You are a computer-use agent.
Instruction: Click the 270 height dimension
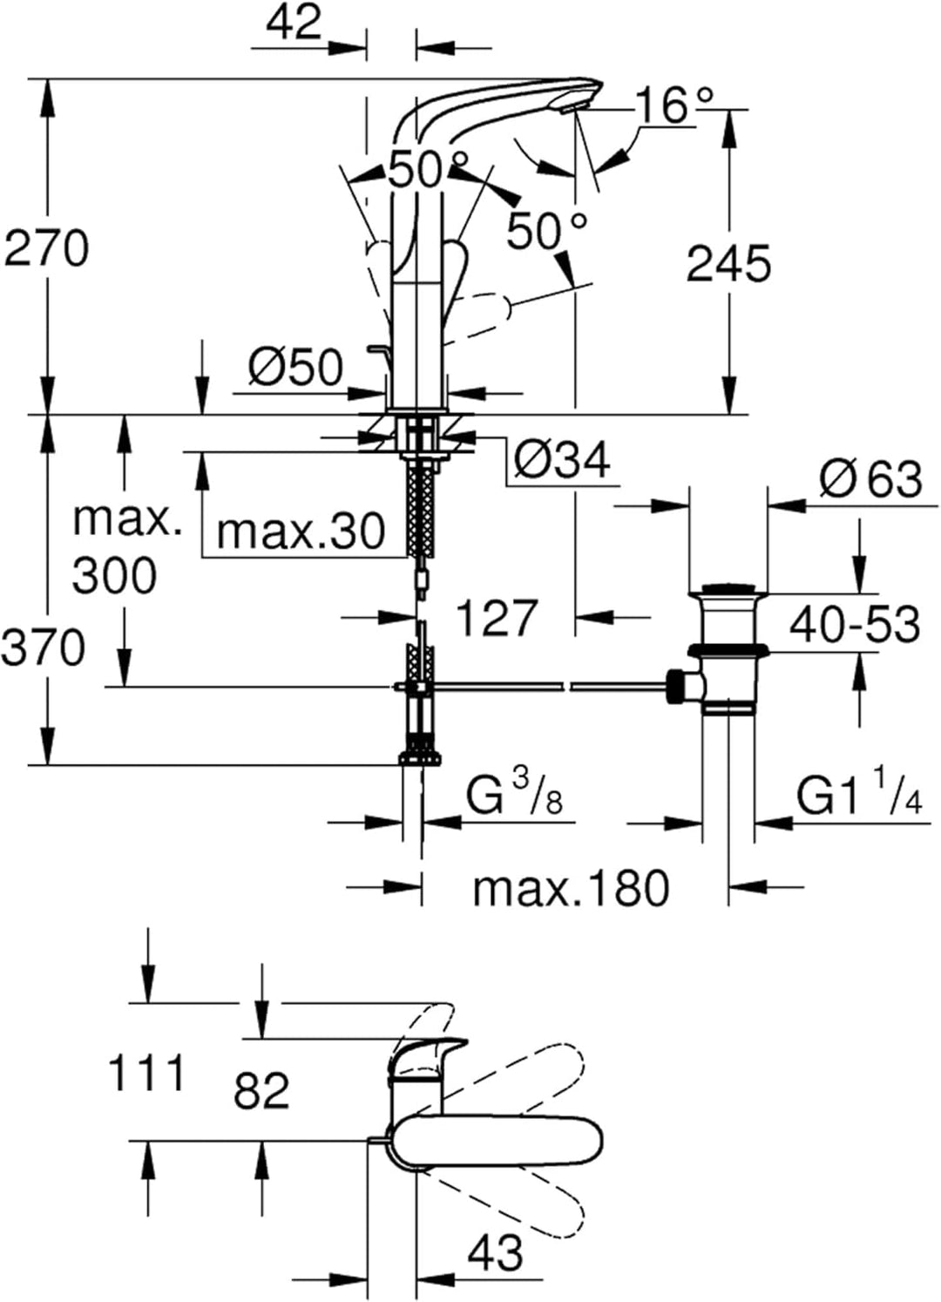point(46,248)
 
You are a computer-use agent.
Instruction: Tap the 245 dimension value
point(729,263)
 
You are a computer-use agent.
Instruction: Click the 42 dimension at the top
point(294,22)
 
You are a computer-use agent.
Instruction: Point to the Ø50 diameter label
point(296,368)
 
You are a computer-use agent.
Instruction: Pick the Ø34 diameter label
point(563,460)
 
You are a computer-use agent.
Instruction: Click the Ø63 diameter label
point(871,478)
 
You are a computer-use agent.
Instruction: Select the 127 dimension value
point(497,618)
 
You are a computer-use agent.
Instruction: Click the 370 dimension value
point(43,648)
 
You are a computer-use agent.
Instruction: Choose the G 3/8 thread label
point(515,794)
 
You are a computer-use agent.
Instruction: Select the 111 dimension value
point(147,1074)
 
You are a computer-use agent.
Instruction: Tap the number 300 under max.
point(114,575)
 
